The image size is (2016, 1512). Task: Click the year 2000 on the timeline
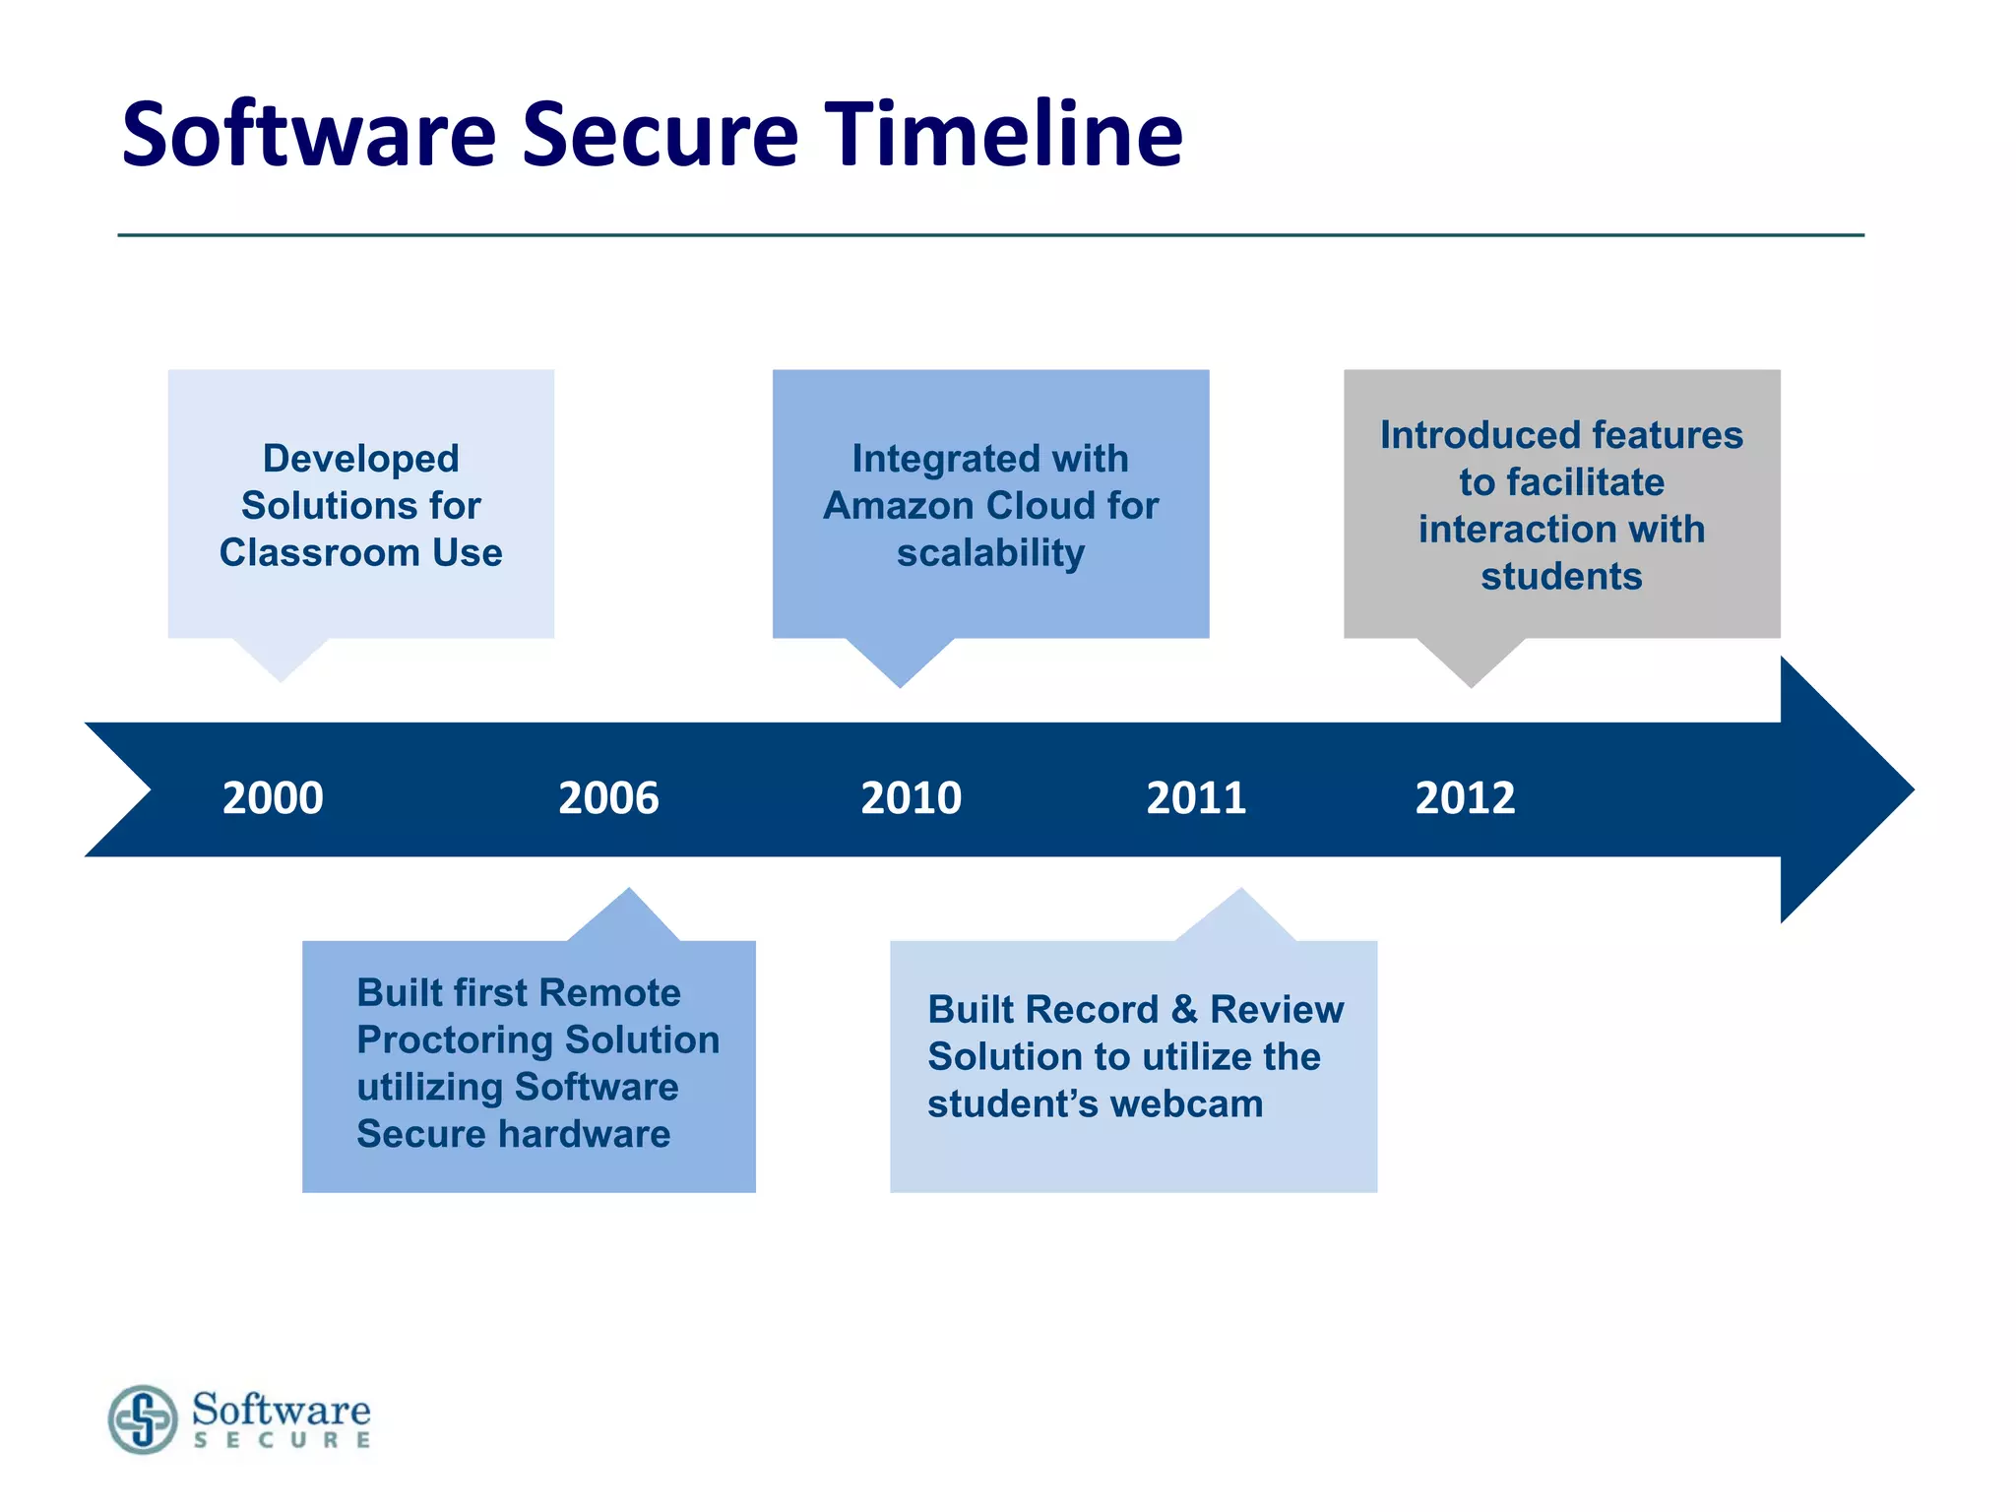coord(273,797)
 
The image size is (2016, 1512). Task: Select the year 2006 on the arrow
coord(608,797)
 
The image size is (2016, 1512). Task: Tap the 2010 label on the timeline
coord(911,797)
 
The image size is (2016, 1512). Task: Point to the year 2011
coord(1196,797)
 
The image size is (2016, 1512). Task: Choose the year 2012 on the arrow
coord(1465,797)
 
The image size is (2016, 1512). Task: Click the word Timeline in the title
coord(1003,135)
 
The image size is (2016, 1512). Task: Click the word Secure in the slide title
coord(660,135)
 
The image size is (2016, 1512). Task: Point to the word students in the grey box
coord(1561,577)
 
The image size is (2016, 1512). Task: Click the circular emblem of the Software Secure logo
coord(144,1418)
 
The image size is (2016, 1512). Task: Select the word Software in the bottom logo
coord(282,1409)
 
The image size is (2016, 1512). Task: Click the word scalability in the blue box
coord(990,553)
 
